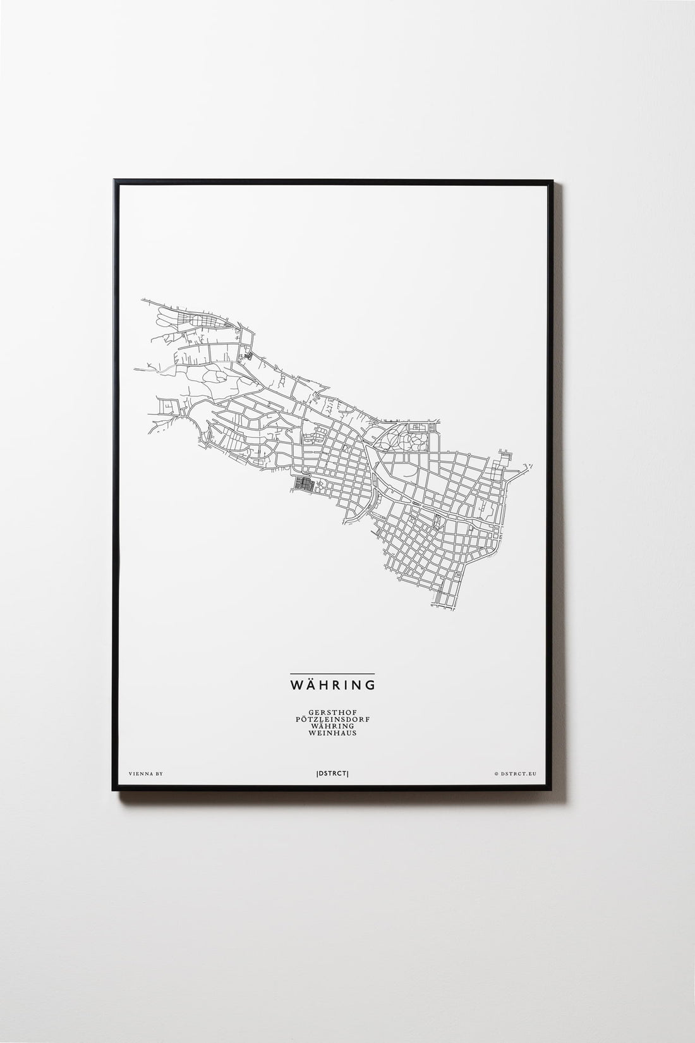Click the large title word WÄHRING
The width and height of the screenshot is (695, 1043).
(x=332, y=685)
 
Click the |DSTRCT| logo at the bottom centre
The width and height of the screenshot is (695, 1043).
(x=332, y=772)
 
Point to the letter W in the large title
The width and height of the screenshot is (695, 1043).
(x=296, y=685)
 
